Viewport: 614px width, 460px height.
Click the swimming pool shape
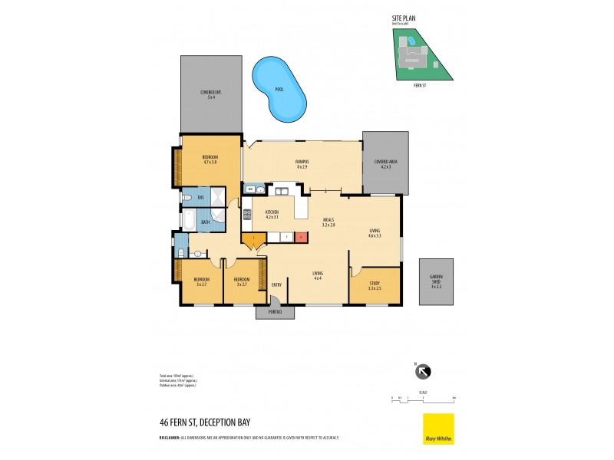[278, 86]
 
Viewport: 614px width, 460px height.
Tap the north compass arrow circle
[423, 372]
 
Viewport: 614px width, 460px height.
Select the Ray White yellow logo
[438, 429]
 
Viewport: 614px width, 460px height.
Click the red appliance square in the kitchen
[301, 238]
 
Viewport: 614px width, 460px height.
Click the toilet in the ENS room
[188, 198]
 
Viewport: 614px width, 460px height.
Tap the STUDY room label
[375, 286]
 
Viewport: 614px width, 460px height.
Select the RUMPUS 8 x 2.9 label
[302, 164]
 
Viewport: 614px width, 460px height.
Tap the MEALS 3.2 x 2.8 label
[328, 222]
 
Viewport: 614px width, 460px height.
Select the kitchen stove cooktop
[247, 215]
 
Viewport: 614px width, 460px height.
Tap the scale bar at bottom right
[423, 399]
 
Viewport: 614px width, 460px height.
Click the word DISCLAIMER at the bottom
[170, 437]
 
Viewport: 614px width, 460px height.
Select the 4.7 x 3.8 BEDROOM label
[210, 159]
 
